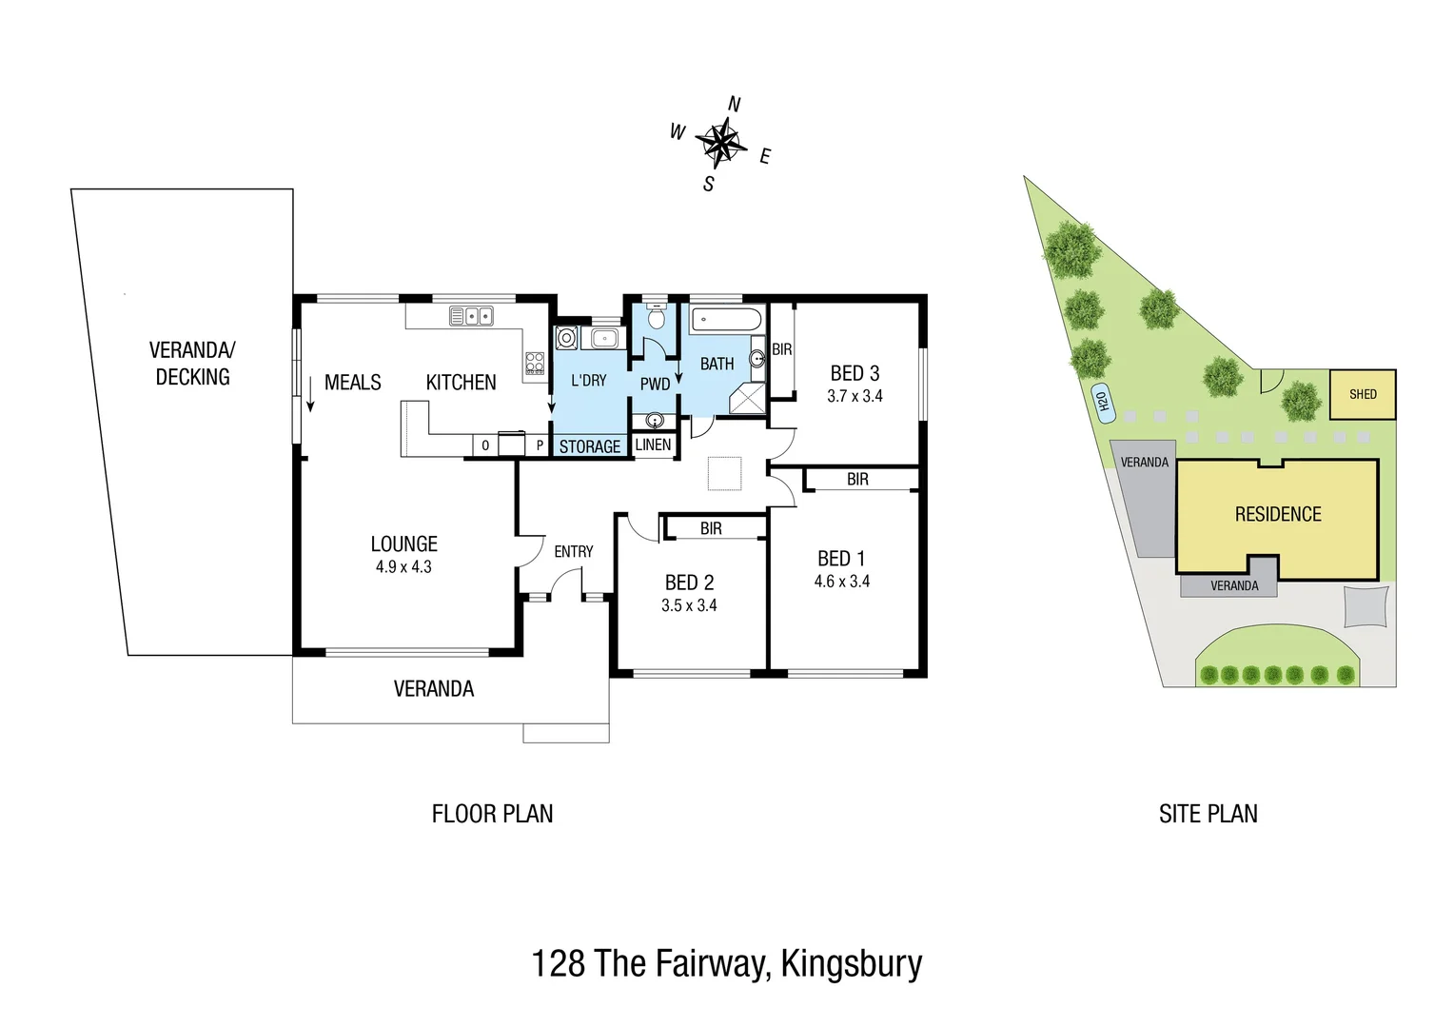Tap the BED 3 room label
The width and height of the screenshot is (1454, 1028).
855,373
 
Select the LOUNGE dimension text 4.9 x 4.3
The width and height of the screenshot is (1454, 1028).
403,567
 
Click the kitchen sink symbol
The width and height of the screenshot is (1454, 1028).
471,316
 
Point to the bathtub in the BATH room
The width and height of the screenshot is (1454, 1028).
726,319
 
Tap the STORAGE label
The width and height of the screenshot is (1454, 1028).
589,446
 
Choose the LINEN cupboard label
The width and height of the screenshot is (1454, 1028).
653,445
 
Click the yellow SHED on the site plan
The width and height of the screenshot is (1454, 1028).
1363,394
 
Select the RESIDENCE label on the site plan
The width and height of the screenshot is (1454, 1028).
1278,515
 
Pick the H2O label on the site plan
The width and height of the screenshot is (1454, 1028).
1102,404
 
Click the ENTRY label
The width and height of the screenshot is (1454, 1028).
573,552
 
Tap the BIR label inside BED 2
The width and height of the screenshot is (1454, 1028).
711,528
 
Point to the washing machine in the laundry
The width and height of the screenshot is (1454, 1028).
567,338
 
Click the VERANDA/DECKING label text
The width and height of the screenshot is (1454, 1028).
192,364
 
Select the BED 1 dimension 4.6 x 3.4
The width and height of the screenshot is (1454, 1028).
842,582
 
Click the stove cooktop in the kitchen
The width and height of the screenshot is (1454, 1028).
535,363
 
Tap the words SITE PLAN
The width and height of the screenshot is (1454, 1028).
1208,814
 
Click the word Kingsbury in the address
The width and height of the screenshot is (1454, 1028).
851,963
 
